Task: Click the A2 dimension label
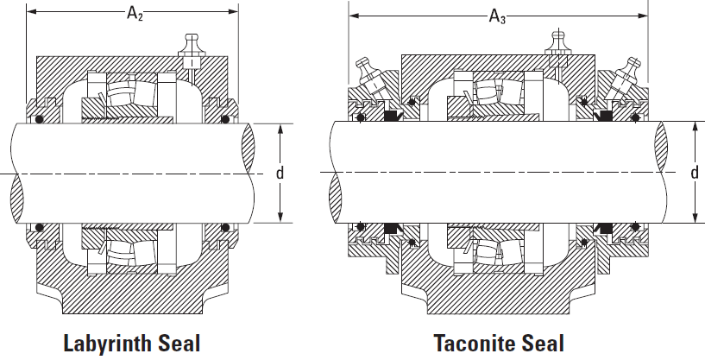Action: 135,13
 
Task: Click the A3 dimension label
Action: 497,16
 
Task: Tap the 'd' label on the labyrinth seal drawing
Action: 280,173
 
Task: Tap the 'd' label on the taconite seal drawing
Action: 695,173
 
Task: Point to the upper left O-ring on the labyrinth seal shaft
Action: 40,119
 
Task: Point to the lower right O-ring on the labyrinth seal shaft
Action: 225,227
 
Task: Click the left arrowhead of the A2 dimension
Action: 31,12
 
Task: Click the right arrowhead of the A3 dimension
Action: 643,16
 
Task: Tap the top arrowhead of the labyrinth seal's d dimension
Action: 280,129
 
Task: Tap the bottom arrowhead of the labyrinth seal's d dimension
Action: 280,217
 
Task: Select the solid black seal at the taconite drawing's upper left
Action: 392,116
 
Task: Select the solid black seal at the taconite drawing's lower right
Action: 602,228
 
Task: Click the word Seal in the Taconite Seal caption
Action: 544,343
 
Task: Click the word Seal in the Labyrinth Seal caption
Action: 179,343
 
